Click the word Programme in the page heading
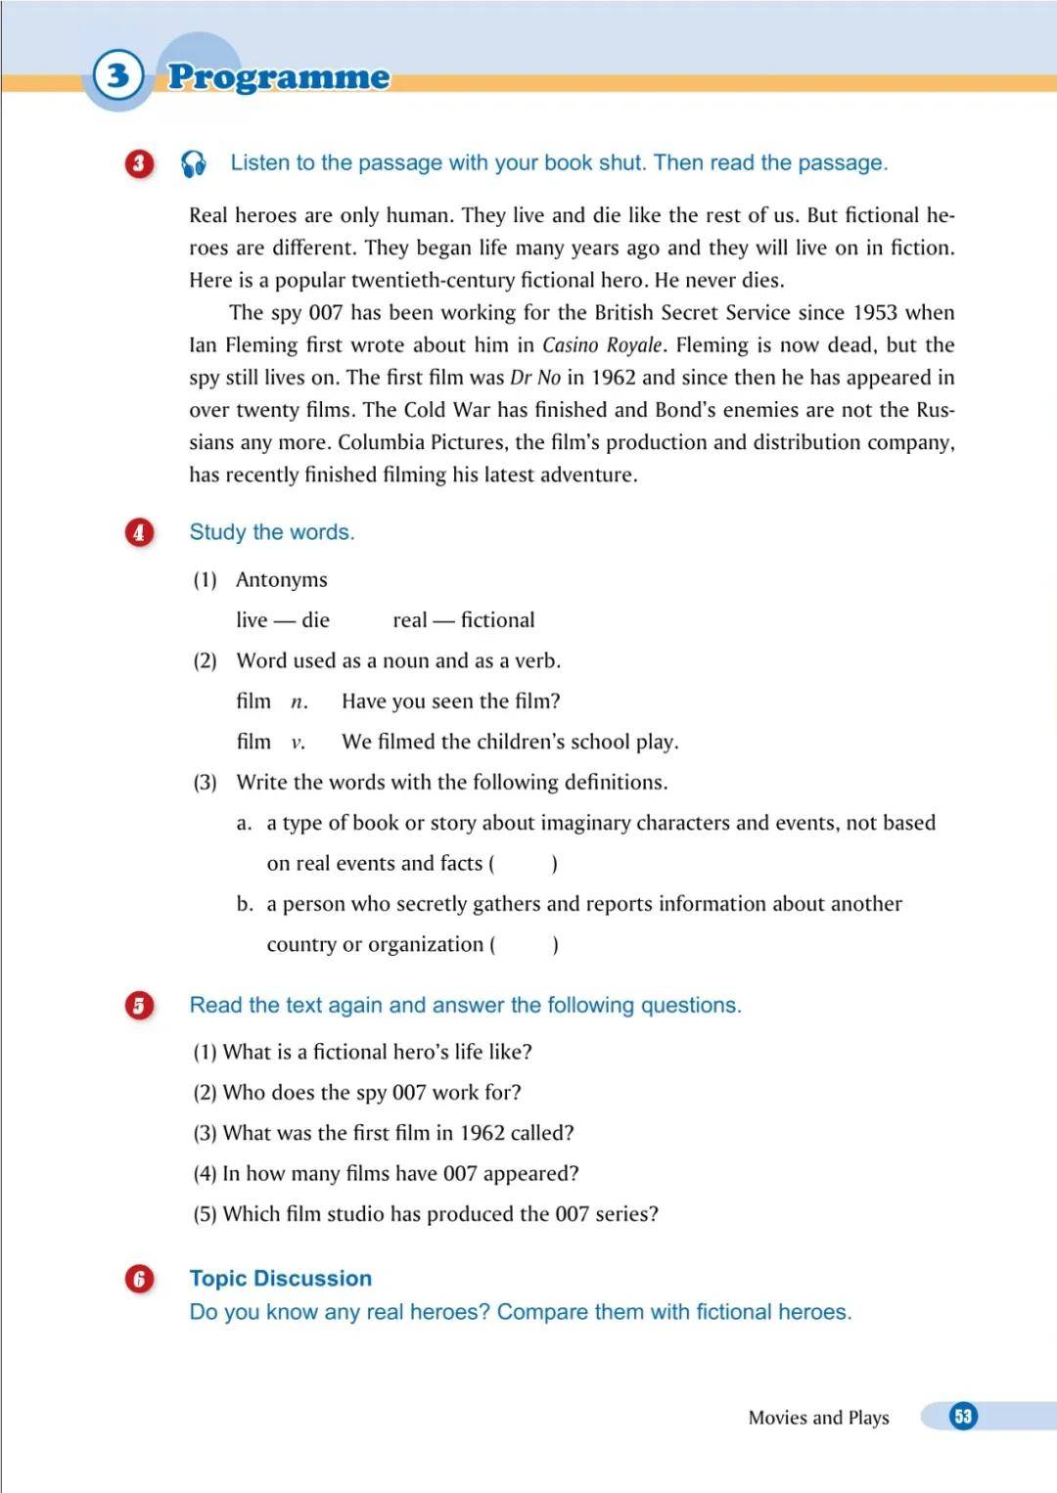pos(279,77)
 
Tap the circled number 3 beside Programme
pos(118,75)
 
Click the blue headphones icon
pos(194,163)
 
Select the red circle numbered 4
pos(139,532)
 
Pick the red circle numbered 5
pos(139,1006)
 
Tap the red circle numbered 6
pos(139,1279)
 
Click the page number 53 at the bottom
pos(963,1416)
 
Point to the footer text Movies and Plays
pos(818,1418)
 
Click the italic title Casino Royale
pos(603,345)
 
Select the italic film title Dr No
pos(535,378)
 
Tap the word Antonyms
pos(282,580)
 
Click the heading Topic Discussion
pos(281,1279)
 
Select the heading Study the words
pos(272,532)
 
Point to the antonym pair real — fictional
pos(464,620)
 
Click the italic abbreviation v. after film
pos(298,743)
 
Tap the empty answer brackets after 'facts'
pos(524,864)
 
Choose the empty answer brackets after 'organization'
pos(525,945)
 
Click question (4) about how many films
pos(387,1173)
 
